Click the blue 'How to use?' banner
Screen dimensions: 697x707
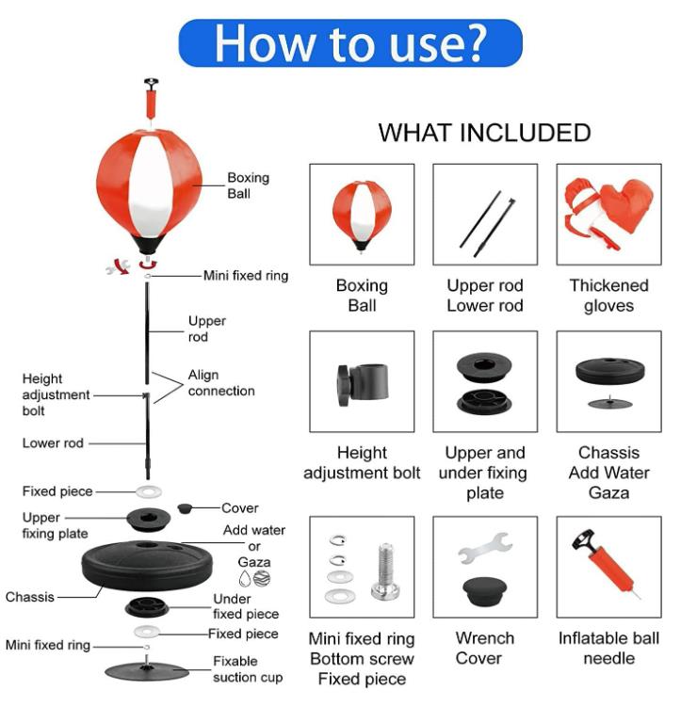(x=350, y=43)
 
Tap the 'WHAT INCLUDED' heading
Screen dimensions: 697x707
(x=484, y=133)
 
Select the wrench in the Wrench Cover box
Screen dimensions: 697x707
(x=484, y=547)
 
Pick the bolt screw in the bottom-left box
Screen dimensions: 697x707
(x=386, y=571)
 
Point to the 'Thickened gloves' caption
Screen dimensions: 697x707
(x=608, y=296)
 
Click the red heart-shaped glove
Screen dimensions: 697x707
(x=627, y=204)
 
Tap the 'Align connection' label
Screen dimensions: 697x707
(x=221, y=383)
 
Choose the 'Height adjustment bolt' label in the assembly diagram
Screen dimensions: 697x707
(x=56, y=394)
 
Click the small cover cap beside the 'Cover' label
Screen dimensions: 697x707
(x=185, y=508)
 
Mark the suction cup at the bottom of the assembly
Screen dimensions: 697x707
(x=147, y=670)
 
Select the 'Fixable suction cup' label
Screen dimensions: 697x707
(x=248, y=669)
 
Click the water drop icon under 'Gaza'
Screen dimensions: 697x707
(x=245, y=578)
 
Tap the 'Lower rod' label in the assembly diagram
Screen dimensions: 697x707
(x=53, y=443)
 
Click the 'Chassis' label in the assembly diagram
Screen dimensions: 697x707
(x=30, y=597)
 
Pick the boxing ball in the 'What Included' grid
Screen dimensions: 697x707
(x=362, y=215)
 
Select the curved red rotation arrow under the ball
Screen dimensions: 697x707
(x=148, y=264)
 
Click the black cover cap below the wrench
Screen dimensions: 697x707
(x=484, y=590)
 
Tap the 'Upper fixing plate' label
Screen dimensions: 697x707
(x=55, y=525)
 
